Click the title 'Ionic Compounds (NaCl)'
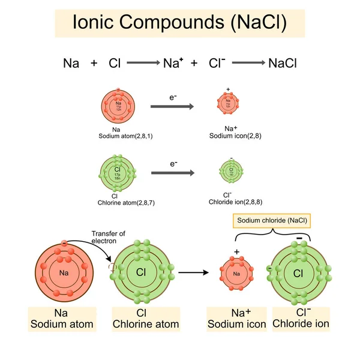pyautogui.click(x=179, y=23)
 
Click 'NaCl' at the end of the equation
pyautogui.click(x=283, y=63)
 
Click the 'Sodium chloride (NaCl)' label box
pyautogui.click(x=272, y=221)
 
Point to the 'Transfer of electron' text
pyautogui.click(x=108, y=237)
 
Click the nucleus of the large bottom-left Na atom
pyautogui.click(x=64, y=274)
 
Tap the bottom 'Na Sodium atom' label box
pyautogui.click(x=62, y=319)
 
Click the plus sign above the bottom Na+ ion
pyautogui.click(x=236, y=251)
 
